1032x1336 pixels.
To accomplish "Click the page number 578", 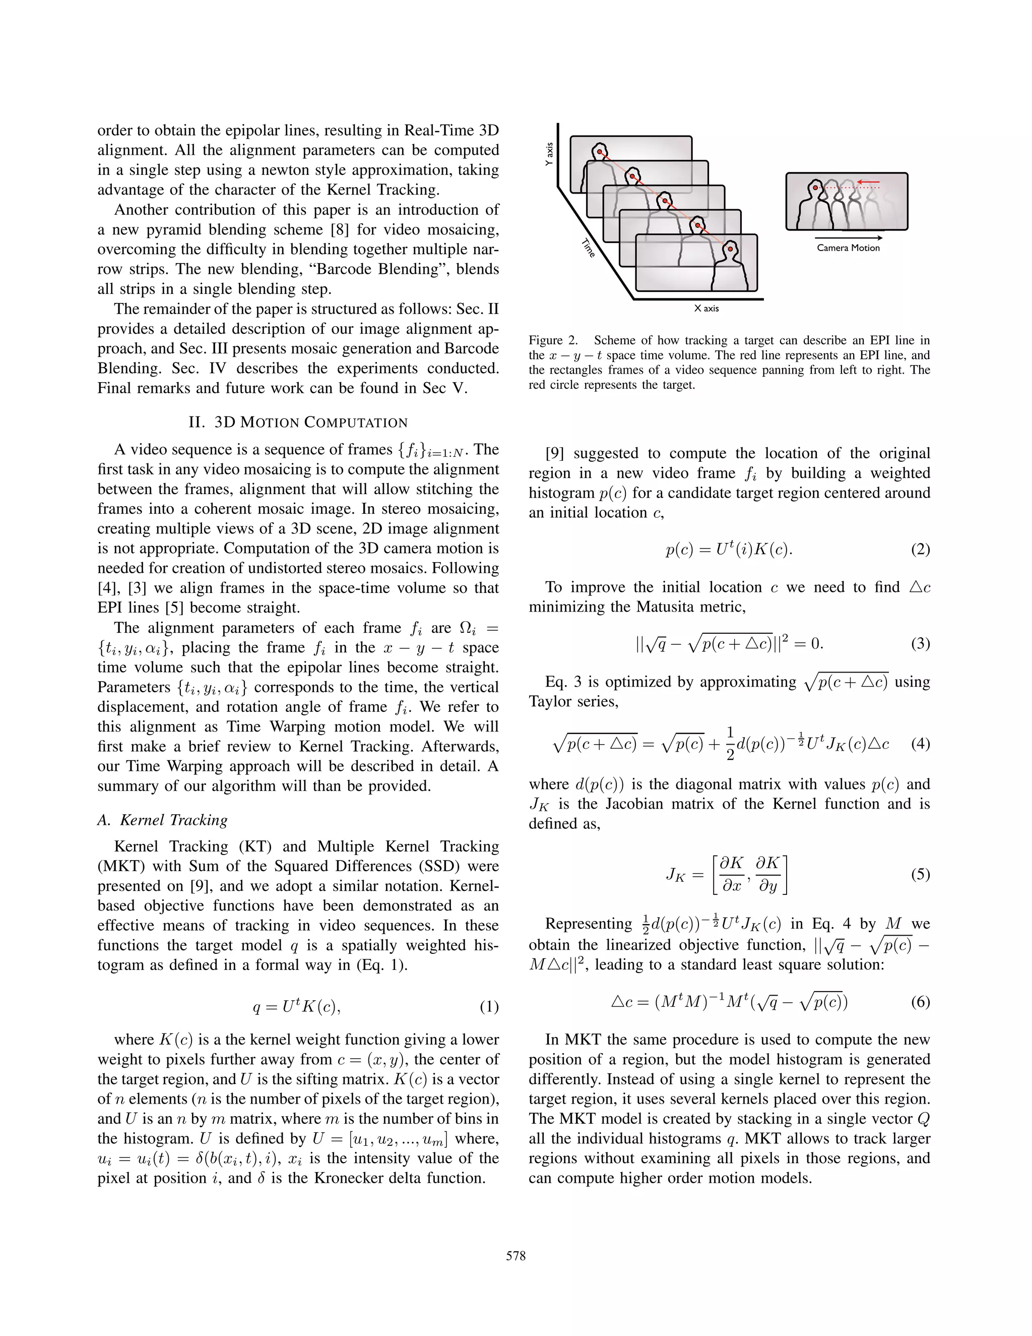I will click(515, 1256).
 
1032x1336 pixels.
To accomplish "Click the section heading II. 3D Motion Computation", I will click(298, 422).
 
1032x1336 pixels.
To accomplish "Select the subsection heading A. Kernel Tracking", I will click(163, 820).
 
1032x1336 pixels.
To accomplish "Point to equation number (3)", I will click(920, 643).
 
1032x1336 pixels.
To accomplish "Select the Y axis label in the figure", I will click(549, 155).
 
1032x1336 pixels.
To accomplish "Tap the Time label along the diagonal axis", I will click(588, 248).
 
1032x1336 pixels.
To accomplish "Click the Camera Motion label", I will click(848, 248).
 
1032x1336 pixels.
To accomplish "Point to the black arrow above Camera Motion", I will click(848, 237).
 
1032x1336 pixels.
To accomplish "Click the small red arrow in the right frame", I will click(868, 181).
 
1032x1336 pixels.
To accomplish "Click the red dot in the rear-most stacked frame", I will click(600, 152).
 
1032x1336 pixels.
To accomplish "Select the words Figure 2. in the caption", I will click(553, 340).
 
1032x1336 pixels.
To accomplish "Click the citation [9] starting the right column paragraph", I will click(554, 453).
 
